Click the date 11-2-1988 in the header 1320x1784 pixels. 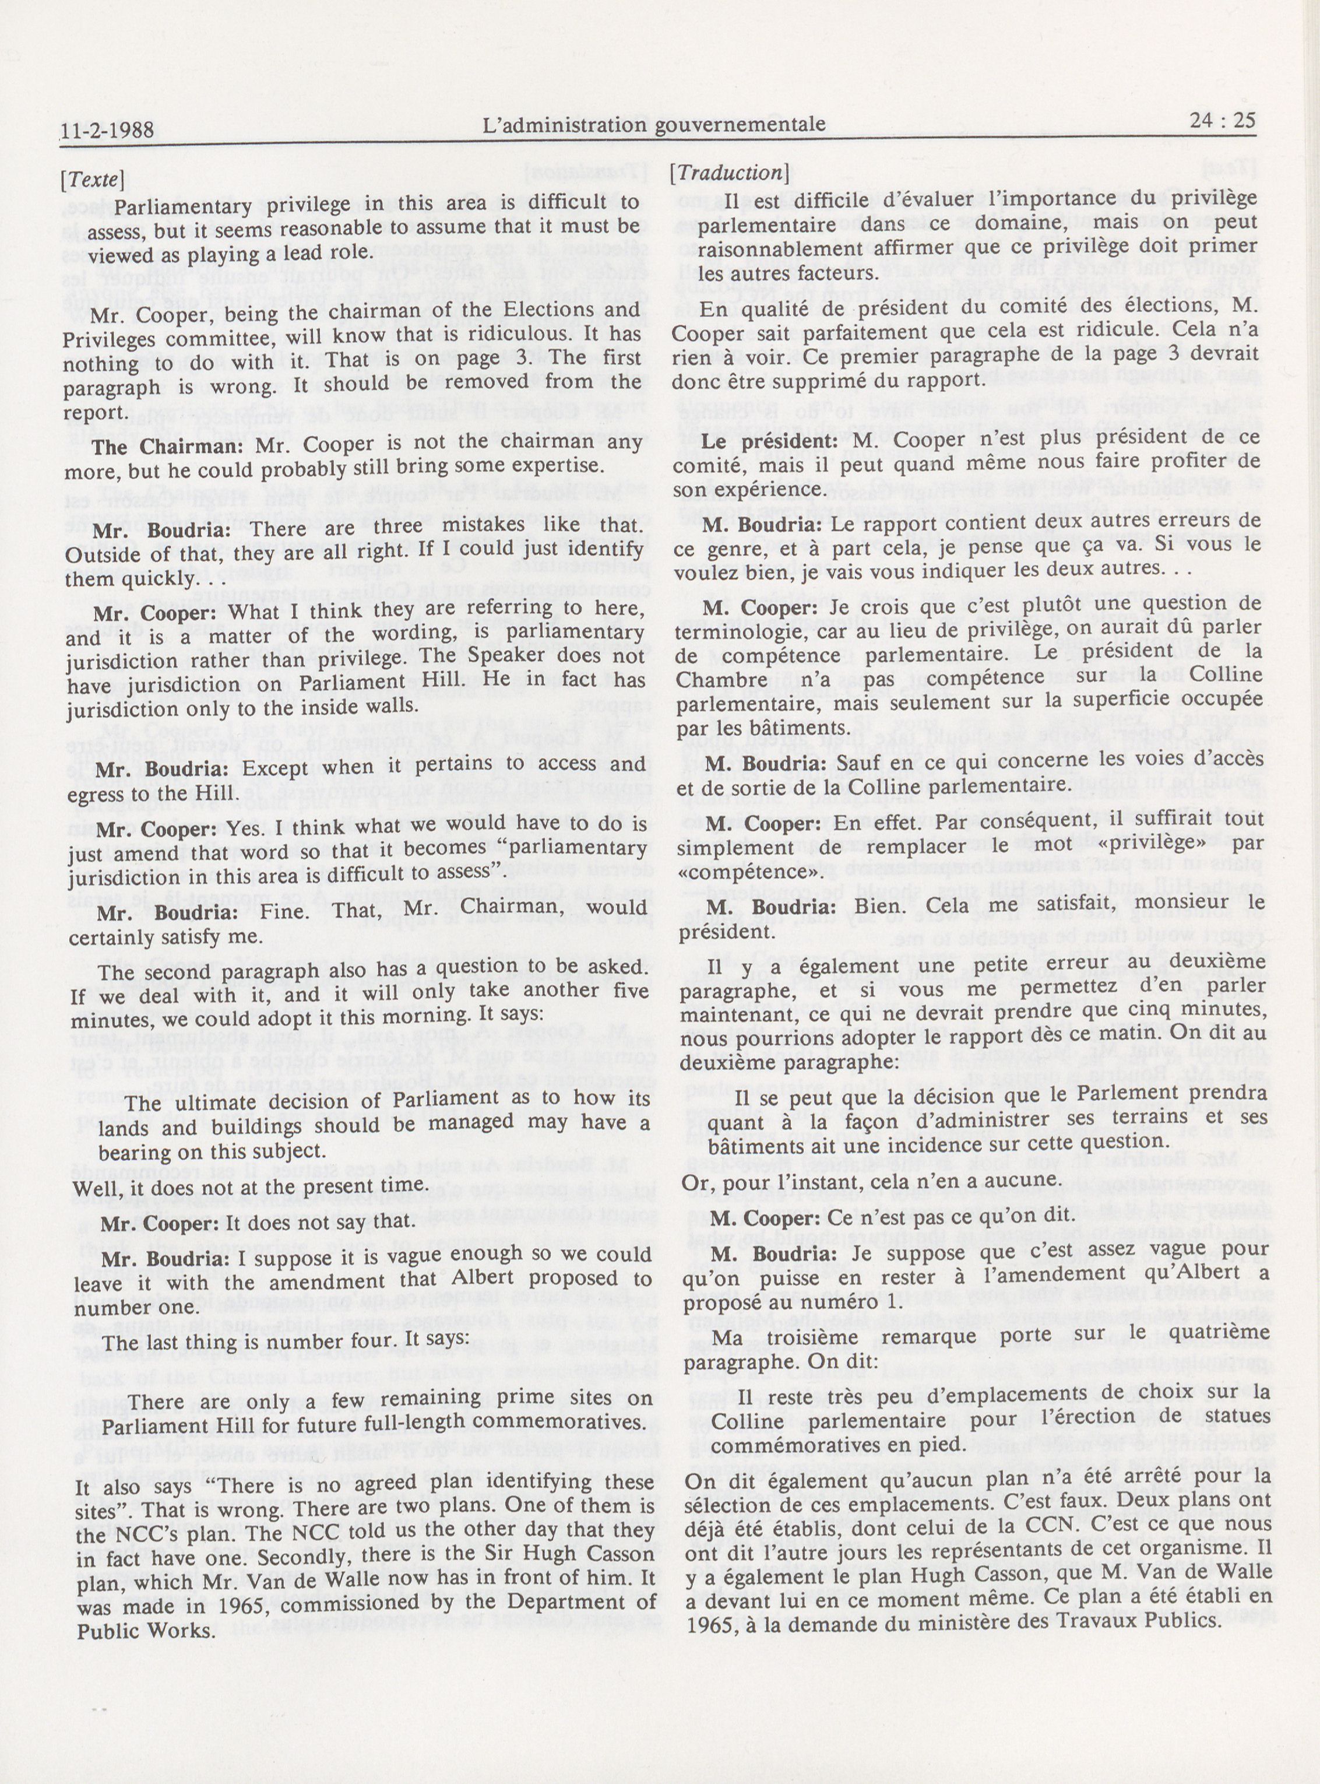pos(107,129)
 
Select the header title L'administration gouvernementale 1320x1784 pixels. pos(654,124)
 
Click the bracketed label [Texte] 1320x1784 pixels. pos(93,181)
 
